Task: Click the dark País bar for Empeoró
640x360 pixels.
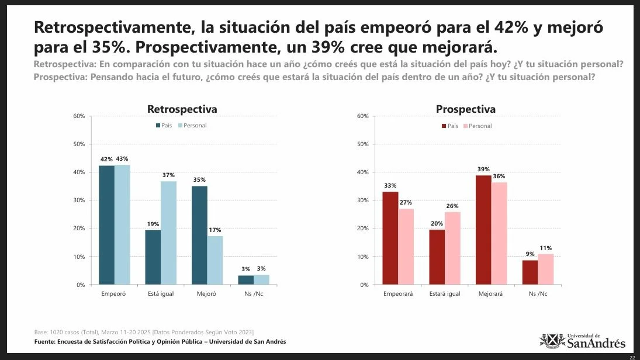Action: point(106,225)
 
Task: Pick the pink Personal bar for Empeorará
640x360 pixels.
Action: point(406,247)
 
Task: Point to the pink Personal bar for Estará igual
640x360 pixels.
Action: point(452,248)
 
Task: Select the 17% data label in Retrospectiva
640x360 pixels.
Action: point(215,230)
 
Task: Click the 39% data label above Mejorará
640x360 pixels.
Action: point(483,169)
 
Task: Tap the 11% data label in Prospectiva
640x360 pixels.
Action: point(545,248)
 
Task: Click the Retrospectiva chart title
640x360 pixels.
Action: point(182,109)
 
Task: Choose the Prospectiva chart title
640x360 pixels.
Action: point(465,109)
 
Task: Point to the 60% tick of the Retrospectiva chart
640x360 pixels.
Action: point(79,116)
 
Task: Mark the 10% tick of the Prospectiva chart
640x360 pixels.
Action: point(362,257)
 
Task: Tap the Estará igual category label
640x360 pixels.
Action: point(445,294)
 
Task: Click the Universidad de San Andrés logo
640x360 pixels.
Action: point(582,341)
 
